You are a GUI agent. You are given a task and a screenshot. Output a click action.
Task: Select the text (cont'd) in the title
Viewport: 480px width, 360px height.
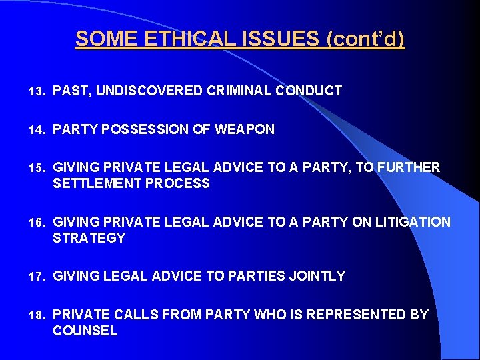(x=365, y=39)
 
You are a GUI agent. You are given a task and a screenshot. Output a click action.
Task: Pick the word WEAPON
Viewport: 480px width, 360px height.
(x=245, y=129)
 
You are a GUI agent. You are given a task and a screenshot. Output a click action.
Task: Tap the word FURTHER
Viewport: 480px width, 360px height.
(x=409, y=167)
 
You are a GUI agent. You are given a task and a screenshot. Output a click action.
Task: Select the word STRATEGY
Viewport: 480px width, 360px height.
(x=89, y=238)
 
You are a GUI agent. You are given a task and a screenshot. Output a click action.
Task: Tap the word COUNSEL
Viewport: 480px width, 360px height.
(x=85, y=331)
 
